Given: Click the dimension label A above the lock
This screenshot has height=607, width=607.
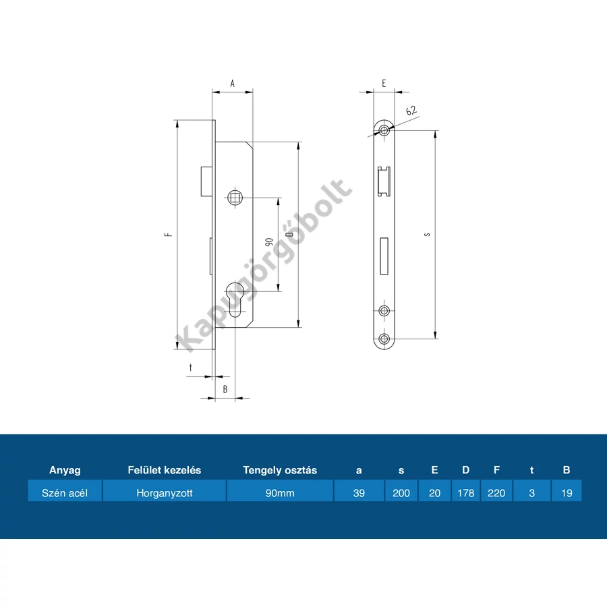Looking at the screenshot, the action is point(232,83).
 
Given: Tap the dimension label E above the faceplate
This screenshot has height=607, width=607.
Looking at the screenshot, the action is point(384,83).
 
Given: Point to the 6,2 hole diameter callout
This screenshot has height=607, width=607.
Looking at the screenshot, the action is point(411,111).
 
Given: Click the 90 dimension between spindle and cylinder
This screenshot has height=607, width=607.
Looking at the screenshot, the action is point(269,241).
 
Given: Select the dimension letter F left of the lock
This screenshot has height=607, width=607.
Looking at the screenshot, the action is point(169,234).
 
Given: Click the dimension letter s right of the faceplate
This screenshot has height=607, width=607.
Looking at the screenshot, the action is point(427,234).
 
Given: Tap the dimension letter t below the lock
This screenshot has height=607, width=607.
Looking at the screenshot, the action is point(190,368).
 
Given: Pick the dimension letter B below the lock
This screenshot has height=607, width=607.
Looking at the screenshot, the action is point(225,389).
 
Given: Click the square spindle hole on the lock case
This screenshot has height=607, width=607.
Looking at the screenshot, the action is point(235,198).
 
